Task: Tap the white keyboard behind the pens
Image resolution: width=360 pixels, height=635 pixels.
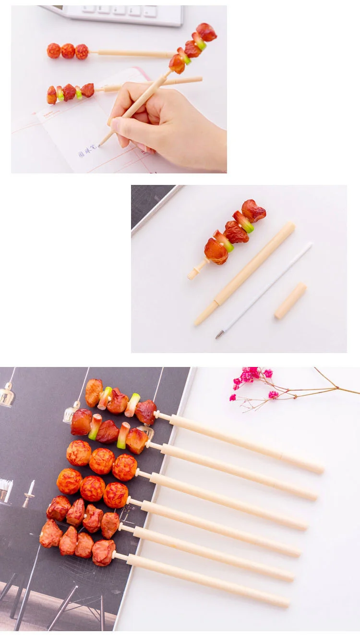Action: pyautogui.click(x=125, y=15)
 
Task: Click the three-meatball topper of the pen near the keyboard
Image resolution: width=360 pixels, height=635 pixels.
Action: pyautogui.click(x=68, y=50)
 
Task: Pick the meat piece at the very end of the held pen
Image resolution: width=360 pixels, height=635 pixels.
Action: pyautogui.click(x=207, y=32)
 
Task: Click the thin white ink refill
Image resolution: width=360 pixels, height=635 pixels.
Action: pyautogui.click(x=264, y=290)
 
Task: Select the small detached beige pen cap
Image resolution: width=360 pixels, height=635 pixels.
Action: pyautogui.click(x=290, y=301)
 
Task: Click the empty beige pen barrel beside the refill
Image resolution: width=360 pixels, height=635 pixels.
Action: pyautogui.click(x=245, y=274)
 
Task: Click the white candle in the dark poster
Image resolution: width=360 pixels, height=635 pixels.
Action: pyautogui.click(x=31, y=488)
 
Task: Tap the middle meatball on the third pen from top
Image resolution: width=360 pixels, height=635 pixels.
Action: pyautogui.click(x=102, y=461)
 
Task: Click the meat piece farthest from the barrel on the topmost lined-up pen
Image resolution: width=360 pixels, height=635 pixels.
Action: pyautogui.click(x=94, y=392)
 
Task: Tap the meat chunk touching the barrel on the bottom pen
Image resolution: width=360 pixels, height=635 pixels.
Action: pyautogui.click(x=103, y=552)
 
